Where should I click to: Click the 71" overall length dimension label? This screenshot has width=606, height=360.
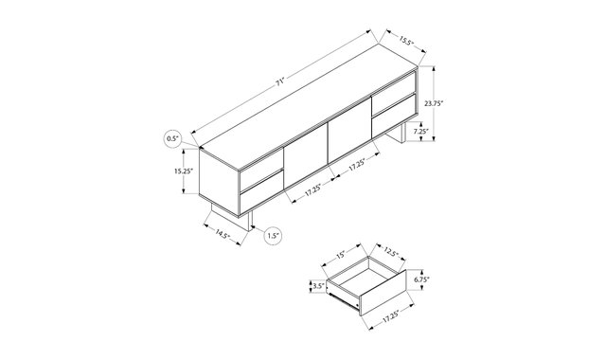[x=280, y=81]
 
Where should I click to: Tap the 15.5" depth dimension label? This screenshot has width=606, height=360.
[x=405, y=40]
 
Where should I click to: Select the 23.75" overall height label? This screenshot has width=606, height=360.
[x=434, y=103]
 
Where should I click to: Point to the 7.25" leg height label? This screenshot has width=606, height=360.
[x=421, y=131]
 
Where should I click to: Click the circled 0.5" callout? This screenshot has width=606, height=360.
[x=173, y=138]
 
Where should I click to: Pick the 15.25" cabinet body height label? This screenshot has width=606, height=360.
[x=183, y=171]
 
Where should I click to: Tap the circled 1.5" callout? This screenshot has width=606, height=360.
[x=273, y=236]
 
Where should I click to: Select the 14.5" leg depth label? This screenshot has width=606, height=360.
[x=223, y=234]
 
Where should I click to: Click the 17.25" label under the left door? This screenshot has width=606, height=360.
[x=313, y=189]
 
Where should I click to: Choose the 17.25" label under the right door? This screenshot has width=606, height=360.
[x=357, y=165]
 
